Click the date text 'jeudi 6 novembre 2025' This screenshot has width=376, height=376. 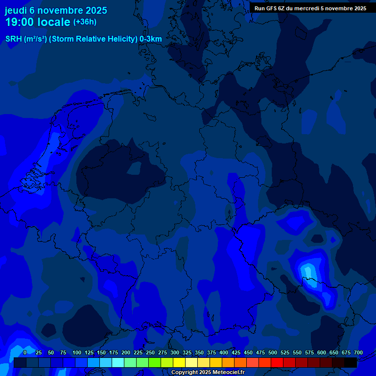point(56,10)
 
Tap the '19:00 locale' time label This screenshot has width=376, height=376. point(37,22)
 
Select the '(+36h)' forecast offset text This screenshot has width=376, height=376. point(85,22)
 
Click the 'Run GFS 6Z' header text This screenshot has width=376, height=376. point(273,8)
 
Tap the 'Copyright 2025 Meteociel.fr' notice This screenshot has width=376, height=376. point(208,373)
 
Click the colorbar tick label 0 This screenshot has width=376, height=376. point(24,352)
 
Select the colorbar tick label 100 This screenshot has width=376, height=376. point(77,352)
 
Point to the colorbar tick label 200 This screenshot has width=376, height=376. point(126,352)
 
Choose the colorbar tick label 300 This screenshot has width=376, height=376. point(175,352)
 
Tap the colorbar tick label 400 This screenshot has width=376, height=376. point(224,352)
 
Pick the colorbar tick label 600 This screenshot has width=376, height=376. point(322,352)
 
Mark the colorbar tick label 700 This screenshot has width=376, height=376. point(358,352)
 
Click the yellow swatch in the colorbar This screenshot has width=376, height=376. point(179,362)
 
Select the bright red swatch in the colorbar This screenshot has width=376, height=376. point(277,362)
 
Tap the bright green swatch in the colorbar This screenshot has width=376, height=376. point(155,362)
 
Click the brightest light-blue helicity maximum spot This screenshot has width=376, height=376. point(307,270)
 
